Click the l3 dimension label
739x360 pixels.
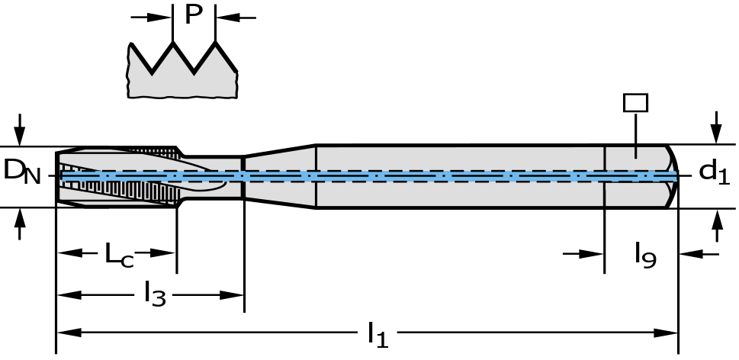[x=153, y=292]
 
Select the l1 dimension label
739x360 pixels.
[x=377, y=336]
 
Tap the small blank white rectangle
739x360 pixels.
[x=635, y=103]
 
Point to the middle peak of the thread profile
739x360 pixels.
[x=174, y=50]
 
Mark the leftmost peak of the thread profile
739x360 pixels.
[x=132, y=50]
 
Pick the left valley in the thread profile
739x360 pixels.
[x=153, y=75]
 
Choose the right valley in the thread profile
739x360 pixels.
[x=194, y=75]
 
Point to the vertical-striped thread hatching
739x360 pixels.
[x=130, y=191]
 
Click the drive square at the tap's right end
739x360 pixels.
[x=637, y=194]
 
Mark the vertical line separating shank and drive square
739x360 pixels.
[x=605, y=176]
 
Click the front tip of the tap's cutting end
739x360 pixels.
[x=60, y=176]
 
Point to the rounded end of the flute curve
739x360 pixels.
[x=224, y=184]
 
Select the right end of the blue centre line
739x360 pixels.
[x=675, y=176]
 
